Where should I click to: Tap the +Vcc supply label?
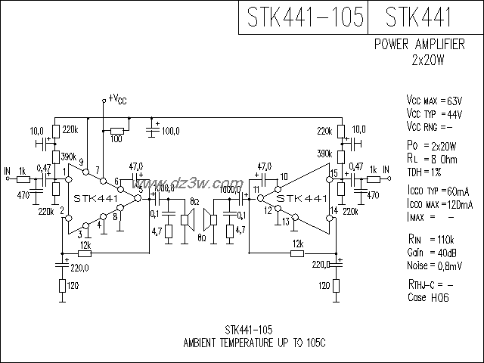[117, 98]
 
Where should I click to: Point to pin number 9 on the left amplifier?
[81, 160]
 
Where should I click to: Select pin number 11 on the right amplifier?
[256, 188]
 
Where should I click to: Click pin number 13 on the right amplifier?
[284, 222]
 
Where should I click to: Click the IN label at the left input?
[8, 170]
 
